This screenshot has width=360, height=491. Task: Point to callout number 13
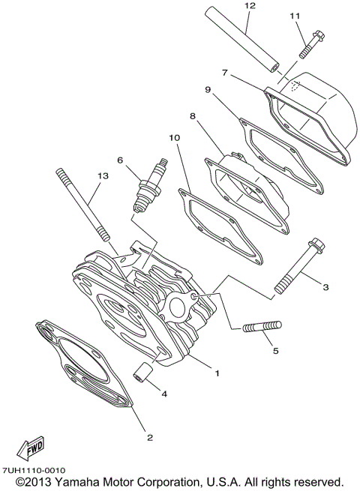[103, 175]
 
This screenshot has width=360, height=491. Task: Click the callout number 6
[119, 160]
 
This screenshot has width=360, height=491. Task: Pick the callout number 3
[325, 286]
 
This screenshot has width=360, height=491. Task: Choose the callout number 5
[275, 350]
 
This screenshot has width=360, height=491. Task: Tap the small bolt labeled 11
[307, 42]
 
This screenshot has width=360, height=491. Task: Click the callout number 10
[173, 138]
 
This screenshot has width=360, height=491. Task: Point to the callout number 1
[217, 372]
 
